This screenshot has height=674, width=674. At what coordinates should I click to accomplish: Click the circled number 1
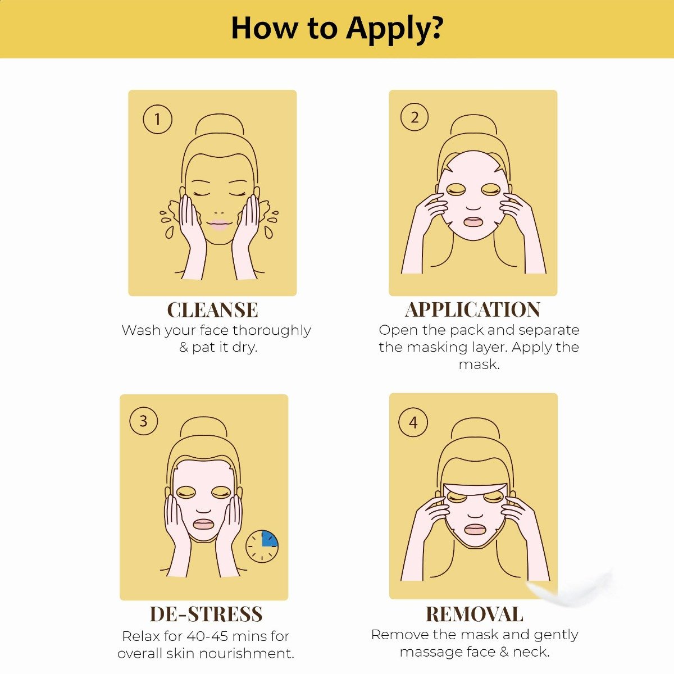pyautogui.click(x=157, y=119)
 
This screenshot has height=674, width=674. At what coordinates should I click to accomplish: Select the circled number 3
pyautogui.click(x=143, y=421)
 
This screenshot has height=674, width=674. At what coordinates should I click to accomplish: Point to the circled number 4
pyautogui.click(x=413, y=422)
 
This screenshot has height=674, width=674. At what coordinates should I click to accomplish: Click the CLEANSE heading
pyautogui.click(x=212, y=310)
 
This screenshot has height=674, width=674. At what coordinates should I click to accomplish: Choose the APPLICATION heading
pyautogui.click(x=473, y=309)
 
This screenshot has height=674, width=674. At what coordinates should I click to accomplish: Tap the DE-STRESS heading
pyautogui.click(x=206, y=614)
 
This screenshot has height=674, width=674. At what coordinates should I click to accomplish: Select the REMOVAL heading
pyautogui.click(x=474, y=614)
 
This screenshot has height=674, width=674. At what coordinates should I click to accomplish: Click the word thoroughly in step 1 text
pyautogui.click(x=272, y=330)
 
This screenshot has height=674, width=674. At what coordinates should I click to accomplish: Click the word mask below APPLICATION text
pyautogui.click(x=479, y=365)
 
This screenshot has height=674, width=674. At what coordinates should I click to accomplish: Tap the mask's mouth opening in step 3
pyautogui.click(x=203, y=524)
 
